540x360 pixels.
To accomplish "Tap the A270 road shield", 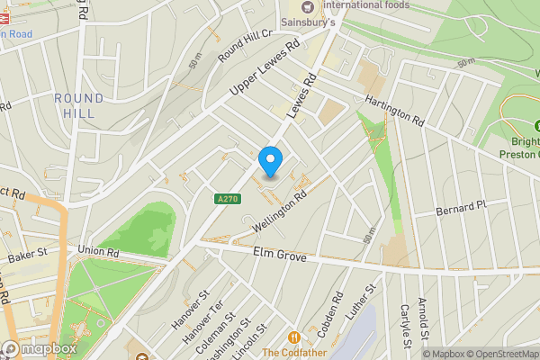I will [x=228, y=199].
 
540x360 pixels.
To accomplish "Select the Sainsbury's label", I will [x=334, y=22].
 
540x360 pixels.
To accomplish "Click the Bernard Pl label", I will [x=460, y=208].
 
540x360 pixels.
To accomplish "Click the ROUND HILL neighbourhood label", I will [x=78, y=105].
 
